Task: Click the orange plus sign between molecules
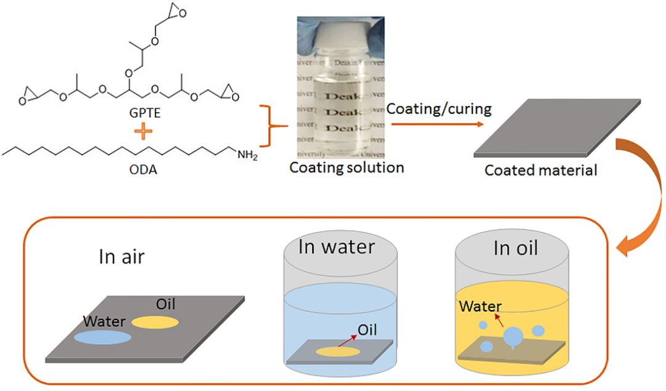(x=144, y=132)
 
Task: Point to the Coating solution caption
(x=347, y=167)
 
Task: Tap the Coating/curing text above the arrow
(x=439, y=109)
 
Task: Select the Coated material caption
(x=541, y=171)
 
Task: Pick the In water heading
(x=337, y=247)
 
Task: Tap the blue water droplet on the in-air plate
(x=102, y=337)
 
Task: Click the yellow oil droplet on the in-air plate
(x=155, y=322)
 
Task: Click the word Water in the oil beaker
(x=481, y=306)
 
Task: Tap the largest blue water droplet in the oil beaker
(x=514, y=337)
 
